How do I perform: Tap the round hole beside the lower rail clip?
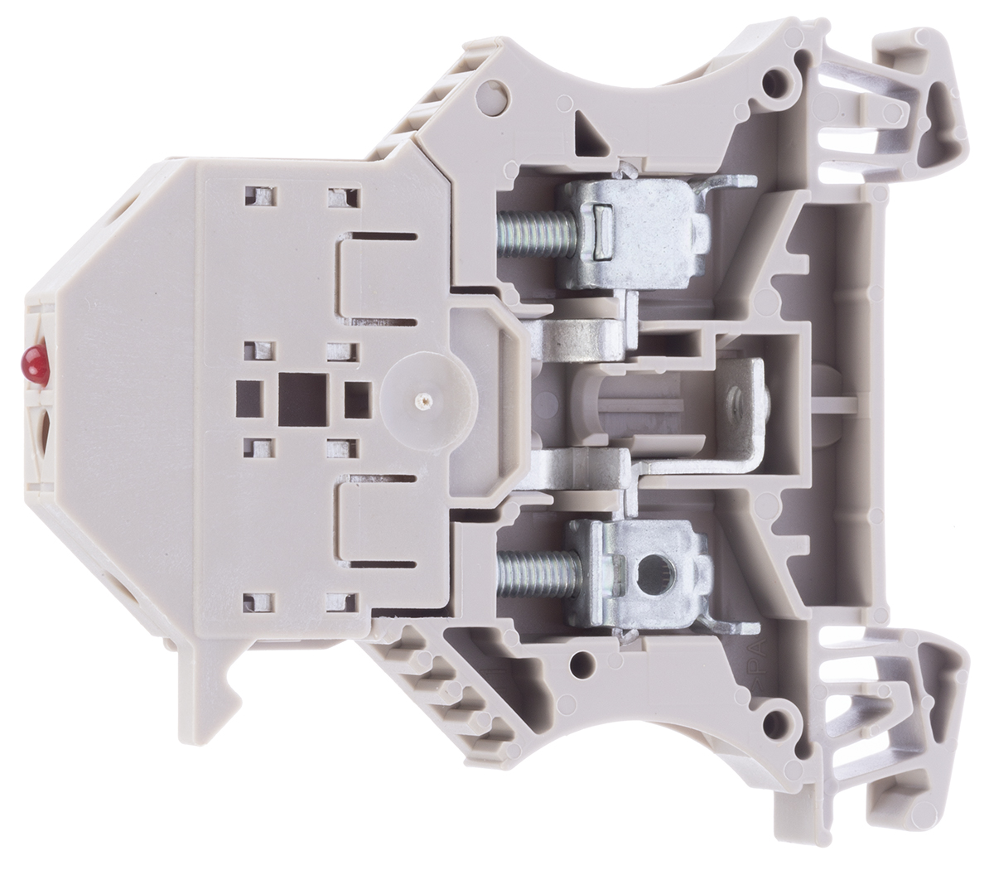(x=776, y=720)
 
